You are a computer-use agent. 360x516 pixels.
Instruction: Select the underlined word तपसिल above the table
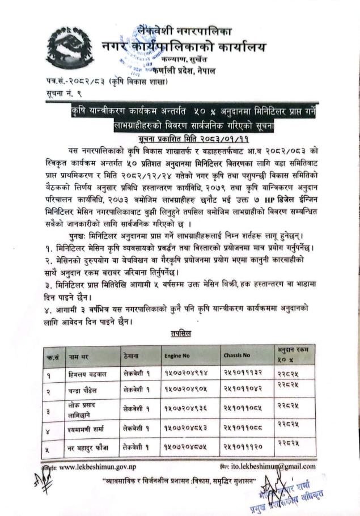[181, 334]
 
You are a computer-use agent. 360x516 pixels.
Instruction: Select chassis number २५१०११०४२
[242, 391]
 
